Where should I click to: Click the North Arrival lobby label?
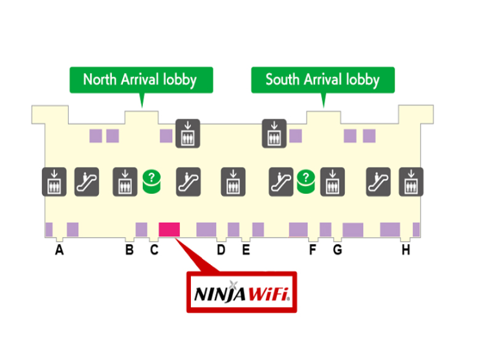(x=139, y=80)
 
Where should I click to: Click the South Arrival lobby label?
(x=322, y=80)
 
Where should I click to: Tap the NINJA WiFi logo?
(x=241, y=293)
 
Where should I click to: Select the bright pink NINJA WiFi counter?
(x=169, y=229)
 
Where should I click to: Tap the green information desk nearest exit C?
(x=151, y=182)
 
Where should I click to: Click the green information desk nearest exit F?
(x=305, y=182)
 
